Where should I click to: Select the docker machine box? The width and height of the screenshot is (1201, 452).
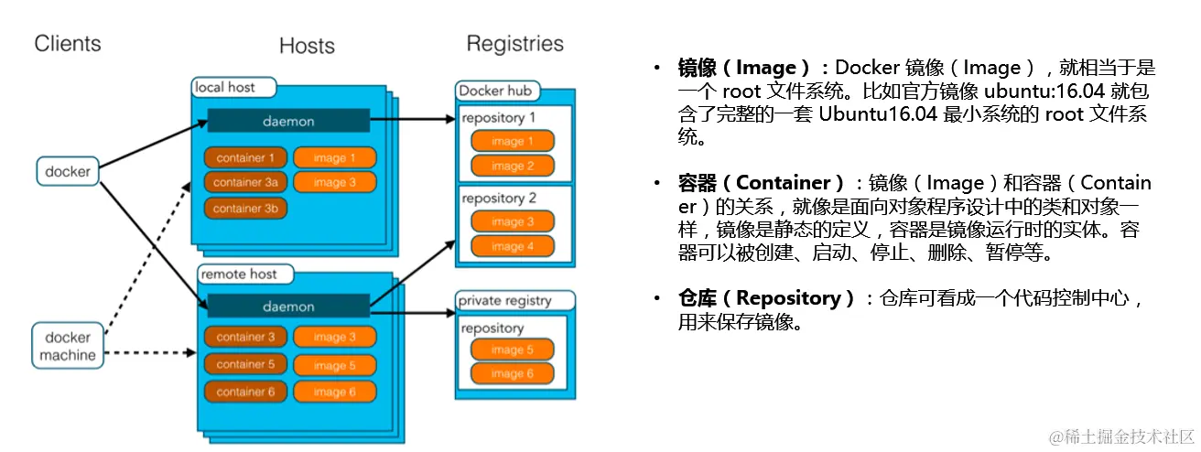click(69, 345)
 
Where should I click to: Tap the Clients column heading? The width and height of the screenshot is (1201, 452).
click(68, 43)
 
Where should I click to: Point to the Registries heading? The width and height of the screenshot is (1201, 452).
click(514, 43)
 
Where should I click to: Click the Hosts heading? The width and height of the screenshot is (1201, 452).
click(307, 46)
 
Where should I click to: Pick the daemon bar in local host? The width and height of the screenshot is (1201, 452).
click(287, 121)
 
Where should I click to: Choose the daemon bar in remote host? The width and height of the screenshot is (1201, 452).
click(287, 307)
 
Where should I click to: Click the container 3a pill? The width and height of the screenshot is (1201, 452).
click(245, 182)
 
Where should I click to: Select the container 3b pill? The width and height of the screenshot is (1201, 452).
click(245, 208)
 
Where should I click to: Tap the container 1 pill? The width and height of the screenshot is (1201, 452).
click(245, 157)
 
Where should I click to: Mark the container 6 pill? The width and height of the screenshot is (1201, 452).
click(245, 392)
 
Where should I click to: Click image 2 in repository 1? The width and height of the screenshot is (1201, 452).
click(513, 166)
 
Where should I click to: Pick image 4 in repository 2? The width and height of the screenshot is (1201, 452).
click(513, 246)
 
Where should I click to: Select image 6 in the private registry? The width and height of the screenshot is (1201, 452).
click(513, 373)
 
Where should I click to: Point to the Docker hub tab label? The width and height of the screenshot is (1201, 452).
click(495, 91)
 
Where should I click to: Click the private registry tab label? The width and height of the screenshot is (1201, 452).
click(504, 300)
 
